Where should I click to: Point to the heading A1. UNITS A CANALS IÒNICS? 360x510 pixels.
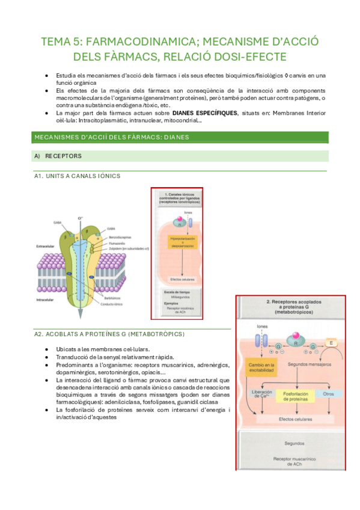(78, 176)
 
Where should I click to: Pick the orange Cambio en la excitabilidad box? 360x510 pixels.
(261, 367)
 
